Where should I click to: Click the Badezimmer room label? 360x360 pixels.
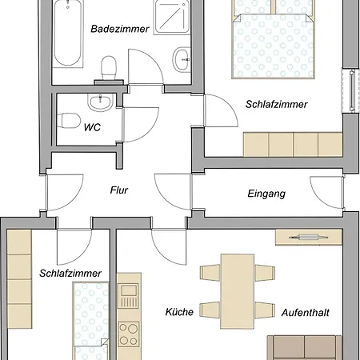coord(120,29)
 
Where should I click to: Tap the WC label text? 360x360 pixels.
coord(92,127)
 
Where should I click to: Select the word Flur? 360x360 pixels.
coord(119,190)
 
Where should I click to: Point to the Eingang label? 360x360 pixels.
coord(266,194)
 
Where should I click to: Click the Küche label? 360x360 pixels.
coord(179,312)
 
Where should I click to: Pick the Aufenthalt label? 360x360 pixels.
coord(306,312)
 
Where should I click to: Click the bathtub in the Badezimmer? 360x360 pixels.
coord(68,33)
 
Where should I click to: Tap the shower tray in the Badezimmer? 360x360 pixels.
coord(173,17)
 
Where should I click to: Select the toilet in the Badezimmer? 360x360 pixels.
coord(109,69)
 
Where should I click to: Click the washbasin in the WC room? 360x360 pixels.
coord(100,102)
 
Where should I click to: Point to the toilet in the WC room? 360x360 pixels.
coord(69,121)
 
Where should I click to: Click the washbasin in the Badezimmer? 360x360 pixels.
coord(182,59)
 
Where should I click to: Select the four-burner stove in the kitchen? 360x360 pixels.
coord(129,334)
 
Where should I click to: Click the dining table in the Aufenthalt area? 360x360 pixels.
coord(237,291)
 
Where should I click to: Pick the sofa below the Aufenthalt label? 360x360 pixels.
coord(304,347)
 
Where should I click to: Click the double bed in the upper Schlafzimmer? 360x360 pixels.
coord(274,39)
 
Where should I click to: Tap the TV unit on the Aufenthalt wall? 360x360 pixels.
coord(309,237)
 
